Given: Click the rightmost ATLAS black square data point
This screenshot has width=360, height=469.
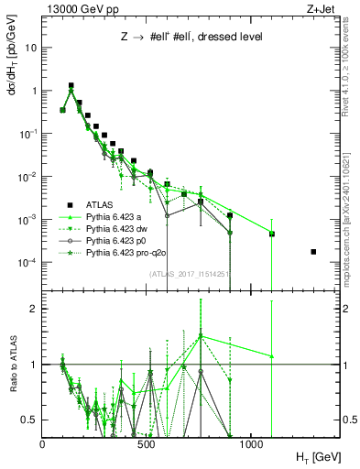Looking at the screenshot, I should point(313,251).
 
